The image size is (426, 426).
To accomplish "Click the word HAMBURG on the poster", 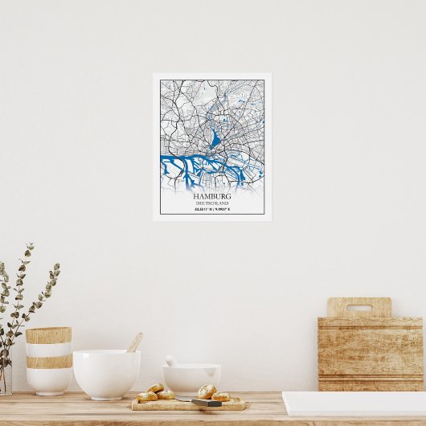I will [x=212, y=196].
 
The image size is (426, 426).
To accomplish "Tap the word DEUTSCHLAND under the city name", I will [x=212, y=203].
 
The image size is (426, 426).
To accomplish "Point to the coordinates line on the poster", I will [x=212, y=210].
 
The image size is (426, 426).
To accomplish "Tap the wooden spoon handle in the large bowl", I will [x=134, y=342].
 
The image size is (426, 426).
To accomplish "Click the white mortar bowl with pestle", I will [x=192, y=379].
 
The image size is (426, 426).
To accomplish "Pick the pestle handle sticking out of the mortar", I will [x=170, y=360].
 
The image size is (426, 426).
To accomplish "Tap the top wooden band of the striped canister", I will [x=48, y=335].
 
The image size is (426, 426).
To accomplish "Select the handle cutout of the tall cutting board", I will [x=358, y=307].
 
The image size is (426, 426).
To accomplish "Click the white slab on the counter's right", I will [x=354, y=403].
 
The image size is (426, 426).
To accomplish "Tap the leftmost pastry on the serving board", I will [x=147, y=396].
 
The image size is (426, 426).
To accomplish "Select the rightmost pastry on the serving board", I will [x=221, y=396].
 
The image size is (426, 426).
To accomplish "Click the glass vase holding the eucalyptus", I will [x=5, y=378].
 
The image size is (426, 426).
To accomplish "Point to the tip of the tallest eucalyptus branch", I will [x=31, y=245].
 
